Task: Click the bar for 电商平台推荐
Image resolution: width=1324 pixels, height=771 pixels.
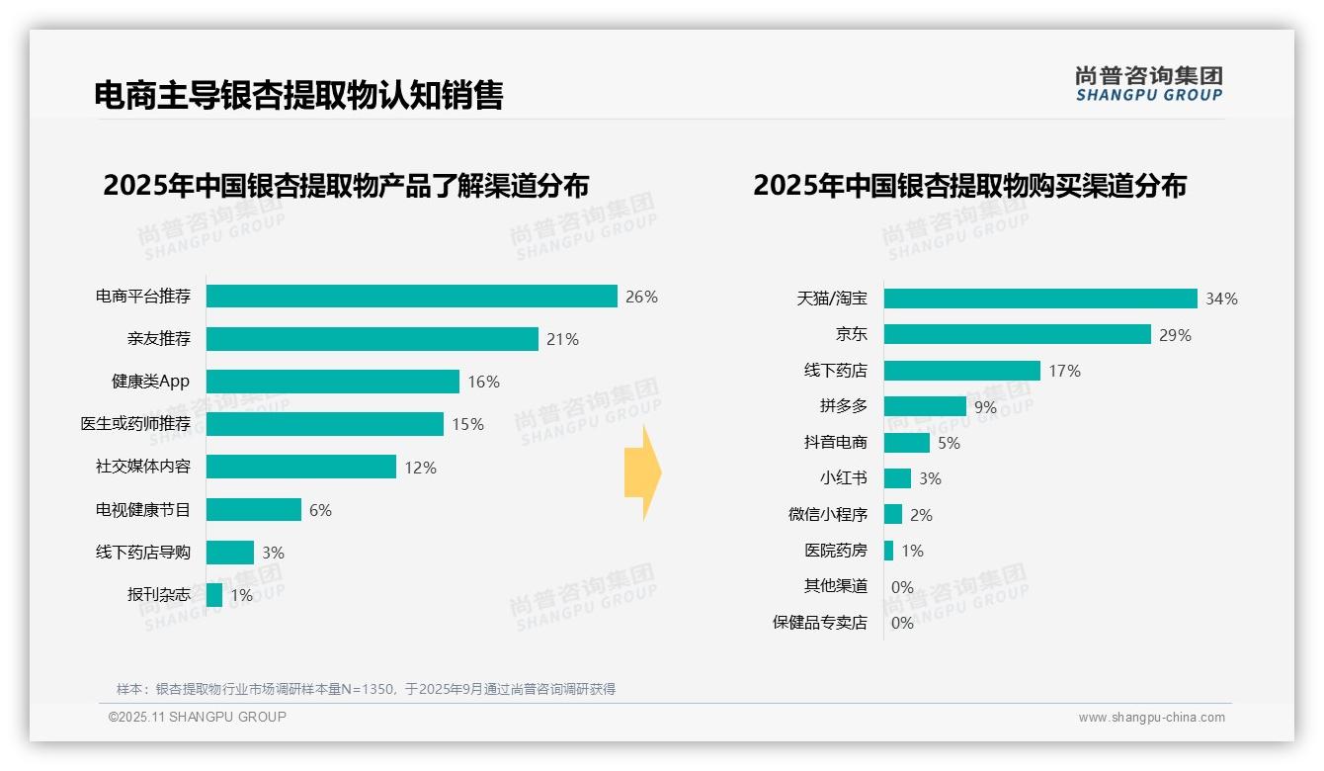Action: click(x=411, y=297)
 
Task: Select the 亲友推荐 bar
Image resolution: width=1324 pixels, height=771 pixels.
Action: click(x=372, y=339)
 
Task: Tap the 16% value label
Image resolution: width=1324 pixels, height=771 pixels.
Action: click(x=484, y=382)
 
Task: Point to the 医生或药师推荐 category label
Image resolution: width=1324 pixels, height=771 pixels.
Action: click(x=135, y=424)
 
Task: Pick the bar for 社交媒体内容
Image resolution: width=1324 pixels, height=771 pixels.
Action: click(x=300, y=467)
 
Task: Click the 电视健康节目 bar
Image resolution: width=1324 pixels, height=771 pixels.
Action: click(x=253, y=509)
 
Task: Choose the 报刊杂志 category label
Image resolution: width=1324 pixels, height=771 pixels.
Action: click(x=158, y=595)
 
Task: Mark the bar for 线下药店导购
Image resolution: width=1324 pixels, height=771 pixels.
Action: click(x=229, y=553)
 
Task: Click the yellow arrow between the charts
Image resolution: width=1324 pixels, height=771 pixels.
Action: click(x=642, y=473)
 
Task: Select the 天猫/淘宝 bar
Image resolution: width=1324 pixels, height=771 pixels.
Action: click(x=1039, y=299)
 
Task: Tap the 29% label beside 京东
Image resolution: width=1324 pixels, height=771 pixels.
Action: click(x=1176, y=335)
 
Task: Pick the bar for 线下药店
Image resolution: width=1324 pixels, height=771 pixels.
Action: click(x=961, y=371)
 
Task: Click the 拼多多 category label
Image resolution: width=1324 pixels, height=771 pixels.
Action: click(x=843, y=406)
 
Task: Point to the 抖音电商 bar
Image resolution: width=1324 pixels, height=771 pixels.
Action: click(x=906, y=443)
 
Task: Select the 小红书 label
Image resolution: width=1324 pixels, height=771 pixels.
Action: click(x=843, y=478)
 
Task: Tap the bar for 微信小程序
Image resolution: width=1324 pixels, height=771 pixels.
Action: click(x=892, y=514)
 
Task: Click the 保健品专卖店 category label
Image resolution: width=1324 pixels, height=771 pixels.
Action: click(x=819, y=623)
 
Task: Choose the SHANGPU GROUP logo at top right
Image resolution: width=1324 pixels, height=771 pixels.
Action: click(x=1148, y=84)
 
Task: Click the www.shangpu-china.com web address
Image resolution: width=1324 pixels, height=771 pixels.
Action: click(x=1151, y=718)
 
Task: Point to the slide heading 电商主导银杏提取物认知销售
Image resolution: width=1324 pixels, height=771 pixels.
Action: click(x=298, y=95)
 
